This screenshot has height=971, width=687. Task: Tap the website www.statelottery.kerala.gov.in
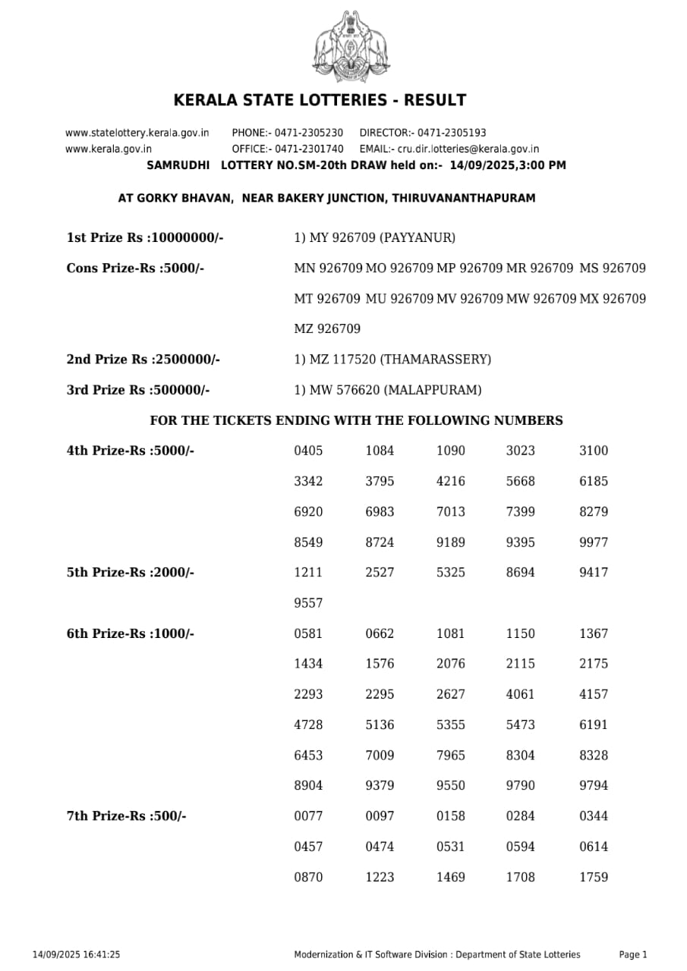click(137, 132)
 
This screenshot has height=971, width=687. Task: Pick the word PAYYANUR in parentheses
click(418, 238)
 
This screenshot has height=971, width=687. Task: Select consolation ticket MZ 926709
click(327, 329)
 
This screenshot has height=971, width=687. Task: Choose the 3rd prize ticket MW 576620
click(344, 391)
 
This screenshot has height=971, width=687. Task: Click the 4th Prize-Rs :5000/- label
click(131, 451)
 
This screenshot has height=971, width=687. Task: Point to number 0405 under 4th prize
click(308, 451)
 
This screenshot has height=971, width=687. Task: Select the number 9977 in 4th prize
click(593, 542)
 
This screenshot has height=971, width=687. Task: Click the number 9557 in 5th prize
click(308, 603)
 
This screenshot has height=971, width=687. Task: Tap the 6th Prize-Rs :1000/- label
click(131, 633)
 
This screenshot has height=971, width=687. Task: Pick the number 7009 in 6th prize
click(380, 756)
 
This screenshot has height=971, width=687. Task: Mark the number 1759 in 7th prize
click(593, 877)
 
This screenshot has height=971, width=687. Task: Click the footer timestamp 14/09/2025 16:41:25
click(76, 955)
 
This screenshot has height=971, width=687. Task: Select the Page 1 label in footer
click(633, 955)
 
